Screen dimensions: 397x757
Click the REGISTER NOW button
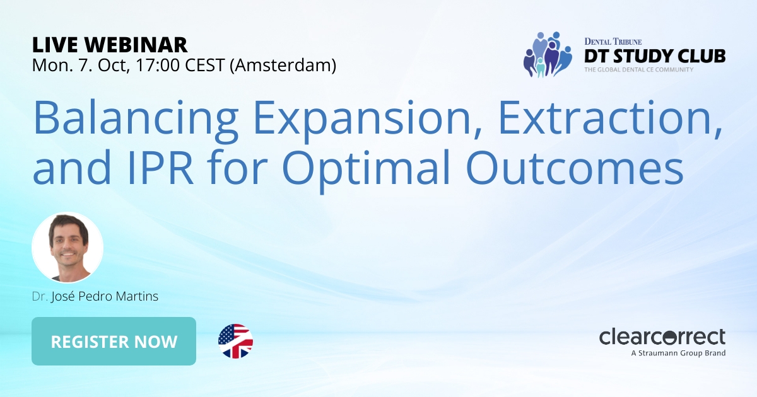tap(114, 342)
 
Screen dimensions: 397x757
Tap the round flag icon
tap(235, 342)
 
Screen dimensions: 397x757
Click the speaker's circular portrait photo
tap(67, 247)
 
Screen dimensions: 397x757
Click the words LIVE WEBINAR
tap(110, 45)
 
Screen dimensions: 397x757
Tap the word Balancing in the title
tap(119, 119)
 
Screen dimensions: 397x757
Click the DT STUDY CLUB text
tap(654, 56)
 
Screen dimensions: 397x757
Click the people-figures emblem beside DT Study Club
tap(546, 54)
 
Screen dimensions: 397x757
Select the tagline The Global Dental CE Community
tap(638, 69)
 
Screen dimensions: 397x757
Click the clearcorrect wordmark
tap(662, 337)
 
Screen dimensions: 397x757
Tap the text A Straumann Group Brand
tap(678, 353)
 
